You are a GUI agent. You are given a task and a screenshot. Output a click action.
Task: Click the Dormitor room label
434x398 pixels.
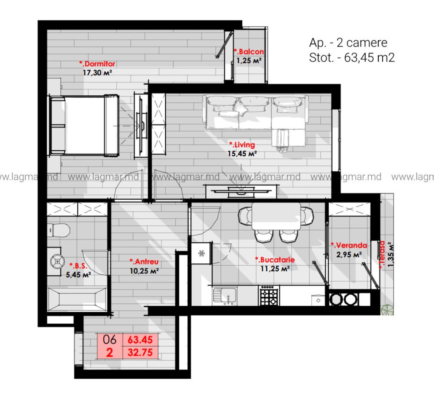(97, 64)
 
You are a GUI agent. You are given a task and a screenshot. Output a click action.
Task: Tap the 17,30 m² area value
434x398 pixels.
(97, 72)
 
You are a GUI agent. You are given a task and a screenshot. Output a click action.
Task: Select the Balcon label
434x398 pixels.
(249, 51)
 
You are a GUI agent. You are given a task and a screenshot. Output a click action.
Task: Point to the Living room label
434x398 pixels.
(242, 144)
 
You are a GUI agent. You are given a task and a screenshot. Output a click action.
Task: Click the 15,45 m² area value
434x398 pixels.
(242, 153)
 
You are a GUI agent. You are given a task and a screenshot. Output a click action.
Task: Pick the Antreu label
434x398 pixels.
(144, 261)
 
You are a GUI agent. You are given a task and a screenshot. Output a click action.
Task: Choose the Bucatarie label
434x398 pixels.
(275, 260)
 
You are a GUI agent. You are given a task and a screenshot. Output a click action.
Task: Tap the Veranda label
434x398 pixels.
(349, 245)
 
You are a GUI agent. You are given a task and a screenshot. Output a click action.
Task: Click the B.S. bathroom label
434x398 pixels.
(78, 266)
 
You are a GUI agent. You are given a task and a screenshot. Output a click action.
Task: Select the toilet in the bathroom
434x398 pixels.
(58, 230)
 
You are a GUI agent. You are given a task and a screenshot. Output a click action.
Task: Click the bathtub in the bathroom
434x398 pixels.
(77, 300)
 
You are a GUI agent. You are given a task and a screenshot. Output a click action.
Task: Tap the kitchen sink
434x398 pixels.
(225, 295)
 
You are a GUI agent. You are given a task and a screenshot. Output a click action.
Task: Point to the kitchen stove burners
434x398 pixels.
(268, 296)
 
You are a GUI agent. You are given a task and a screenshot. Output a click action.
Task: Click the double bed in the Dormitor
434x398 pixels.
(84, 125)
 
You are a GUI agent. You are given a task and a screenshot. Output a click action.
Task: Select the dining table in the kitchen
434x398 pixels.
(276, 216)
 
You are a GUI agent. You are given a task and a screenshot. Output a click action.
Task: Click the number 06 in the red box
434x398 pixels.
(109, 340)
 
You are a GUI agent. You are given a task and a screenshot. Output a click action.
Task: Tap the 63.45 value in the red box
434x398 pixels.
(140, 340)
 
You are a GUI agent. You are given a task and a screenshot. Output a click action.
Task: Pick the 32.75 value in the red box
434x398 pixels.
(140, 352)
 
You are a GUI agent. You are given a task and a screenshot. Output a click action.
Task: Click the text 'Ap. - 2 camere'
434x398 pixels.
(348, 43)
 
